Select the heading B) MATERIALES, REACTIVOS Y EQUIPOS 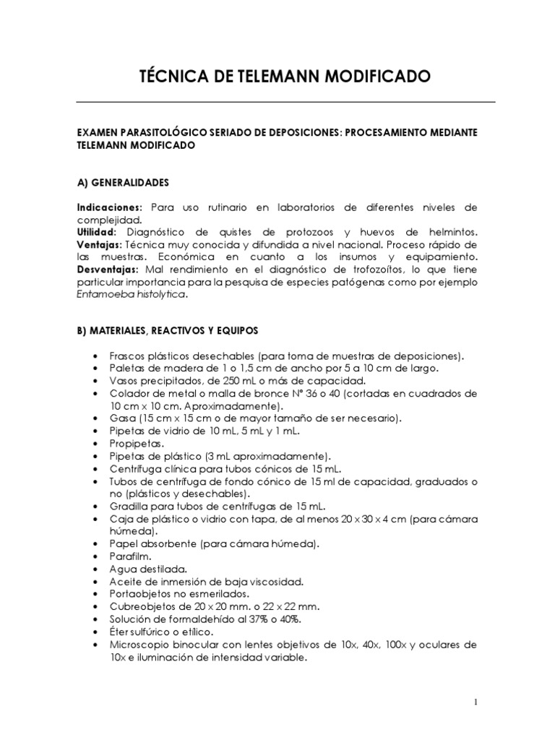[168, 330]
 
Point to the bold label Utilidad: [98, 232]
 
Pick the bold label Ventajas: [100, 244]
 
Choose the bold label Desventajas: [108, 269]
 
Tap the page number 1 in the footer [476, 702]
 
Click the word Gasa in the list [122, 418]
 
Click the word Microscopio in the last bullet [139, 643]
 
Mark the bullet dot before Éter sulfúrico [96, 631]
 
